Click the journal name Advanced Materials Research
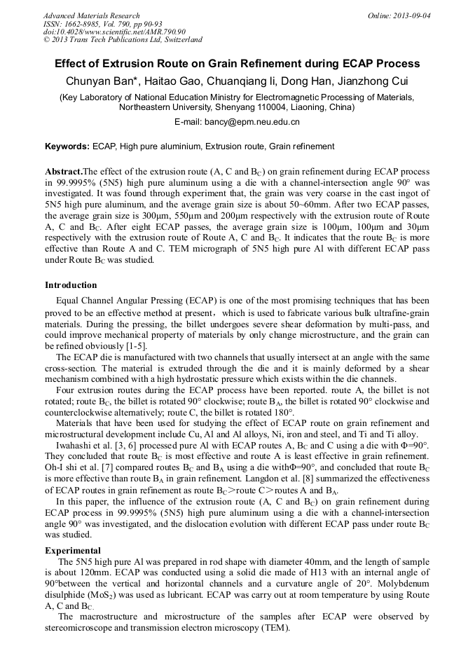click(x=92, y=15)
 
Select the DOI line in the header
click(x=114, y=32)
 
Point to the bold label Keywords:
click(x=67, y=146)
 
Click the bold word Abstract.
click(x=63, y=172)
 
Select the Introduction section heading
click(x=71, y=285)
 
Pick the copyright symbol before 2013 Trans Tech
click(x=47, y=40)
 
